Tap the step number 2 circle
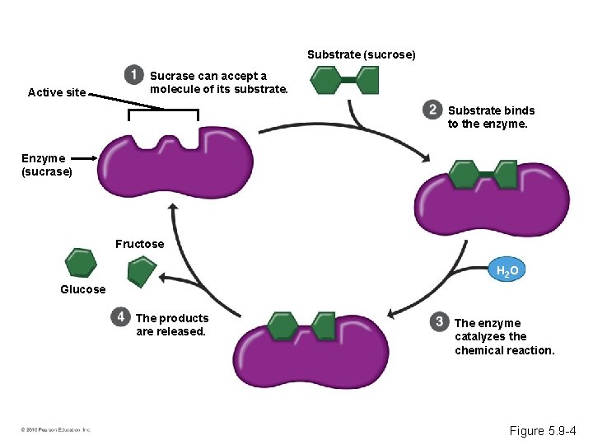432,109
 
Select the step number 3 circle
440,321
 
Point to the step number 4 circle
121,316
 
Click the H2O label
507,270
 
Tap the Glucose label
83,289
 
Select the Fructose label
139,244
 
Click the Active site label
57,92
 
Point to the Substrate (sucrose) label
362,54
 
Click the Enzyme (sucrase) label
47,165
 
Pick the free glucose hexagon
81,262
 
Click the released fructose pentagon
142,271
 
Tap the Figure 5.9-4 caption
544,430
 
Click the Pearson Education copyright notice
56,429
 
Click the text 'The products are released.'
171,325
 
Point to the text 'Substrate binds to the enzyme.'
491,117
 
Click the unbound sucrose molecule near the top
344,80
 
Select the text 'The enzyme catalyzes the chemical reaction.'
504,336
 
